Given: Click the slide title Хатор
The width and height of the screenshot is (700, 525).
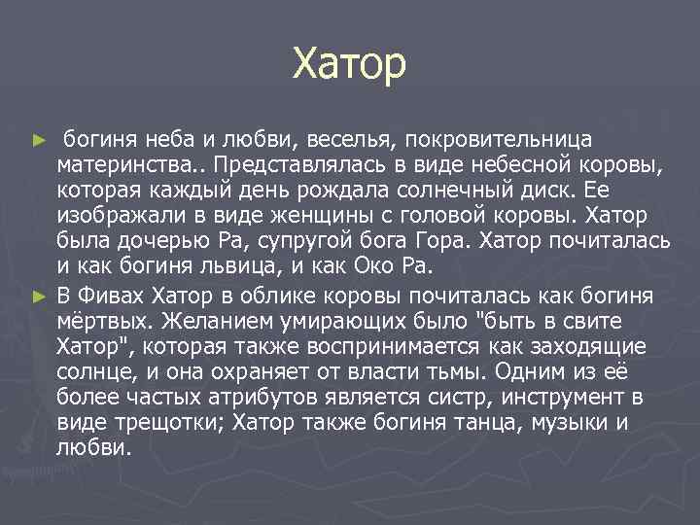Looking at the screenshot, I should [x=349, y=65].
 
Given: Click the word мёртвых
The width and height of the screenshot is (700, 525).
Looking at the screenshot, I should [x=102, y=321].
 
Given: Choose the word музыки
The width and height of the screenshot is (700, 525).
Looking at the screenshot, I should [x=577, y=422].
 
